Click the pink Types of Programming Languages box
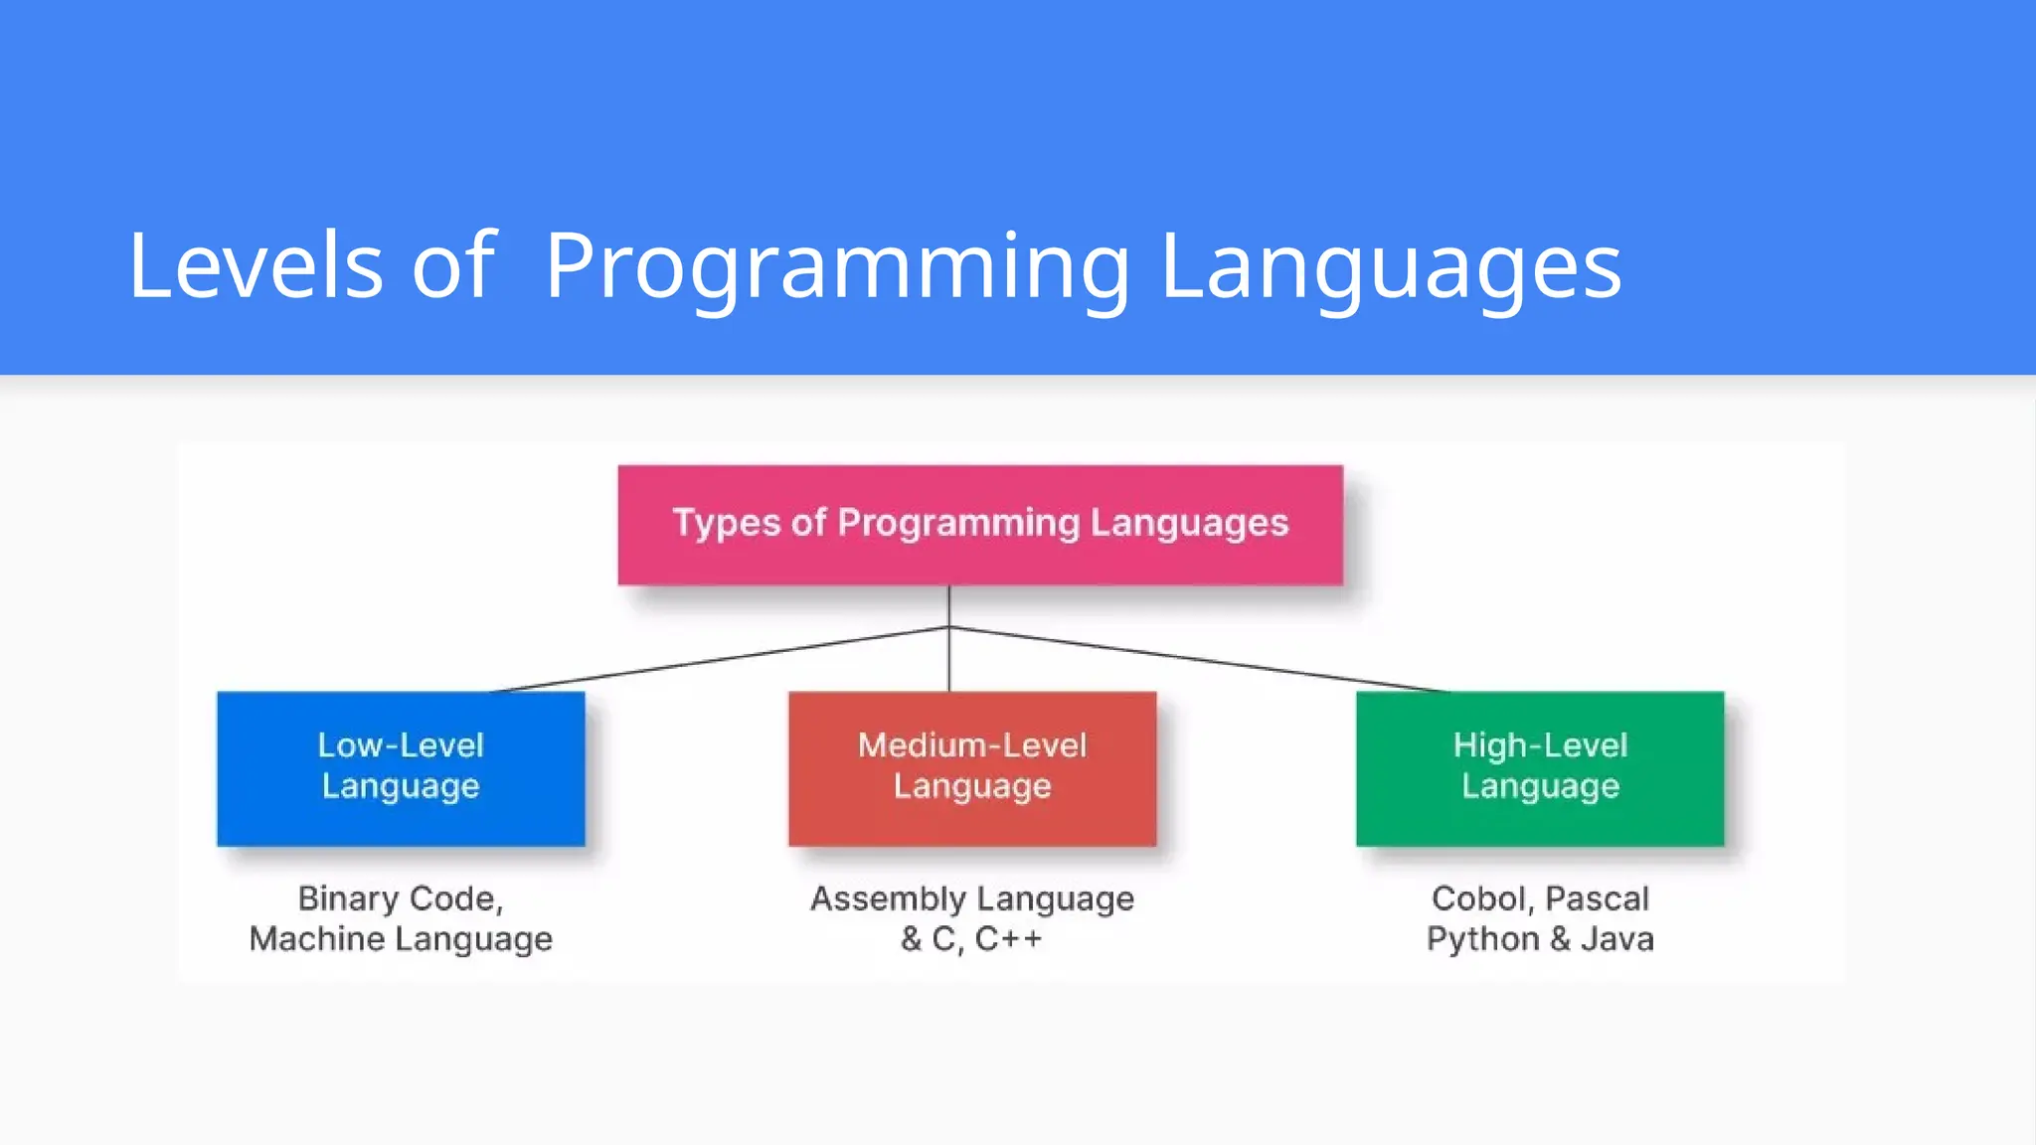pos(980,525)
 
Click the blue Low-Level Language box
pos(401,768)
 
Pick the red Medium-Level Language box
pos(972,768)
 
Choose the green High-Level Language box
pos(1540,768)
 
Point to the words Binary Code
pos(400,899)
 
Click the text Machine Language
pos(401,938)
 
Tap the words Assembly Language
pos(972,899)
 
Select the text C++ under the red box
pos(1008,938)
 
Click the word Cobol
pos(1478,899)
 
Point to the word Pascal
pos(1597,899)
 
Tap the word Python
pos(1482,938)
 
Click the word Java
pos(1617,938)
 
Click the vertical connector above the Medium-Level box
pos(949,661)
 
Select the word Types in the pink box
pos(726,523)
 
